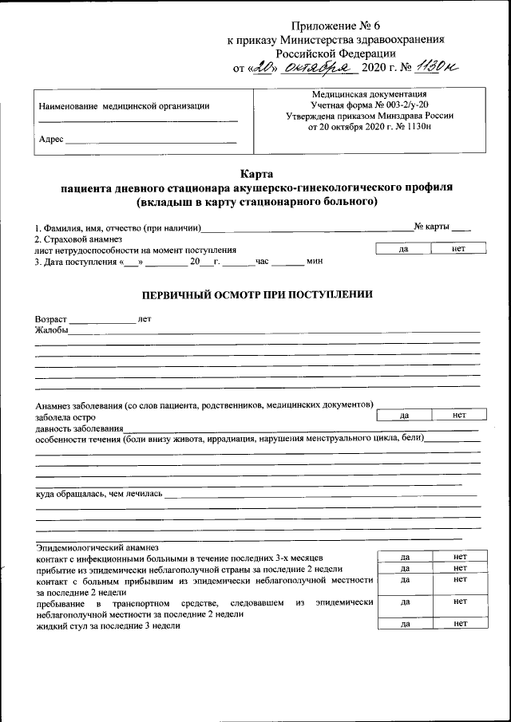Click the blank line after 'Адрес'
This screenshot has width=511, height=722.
[x=150, y=140]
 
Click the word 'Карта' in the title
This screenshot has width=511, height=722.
[x=256, y=174]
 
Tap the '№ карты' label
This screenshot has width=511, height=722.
[x=431, y=227]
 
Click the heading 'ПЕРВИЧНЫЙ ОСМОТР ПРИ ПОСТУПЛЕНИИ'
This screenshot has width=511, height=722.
[x=256, y=294]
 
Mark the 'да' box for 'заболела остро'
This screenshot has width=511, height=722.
[x=404, y=415]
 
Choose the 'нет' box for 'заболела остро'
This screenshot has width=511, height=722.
[x=458, y=415]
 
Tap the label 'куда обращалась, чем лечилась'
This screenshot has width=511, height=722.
[x=99, y=494]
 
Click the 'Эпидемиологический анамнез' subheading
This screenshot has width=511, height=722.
[x=97, y=548]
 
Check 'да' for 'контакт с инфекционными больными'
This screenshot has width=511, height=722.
[x=405, y=556]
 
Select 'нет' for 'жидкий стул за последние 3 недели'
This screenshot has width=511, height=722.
[x=459, y=625]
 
